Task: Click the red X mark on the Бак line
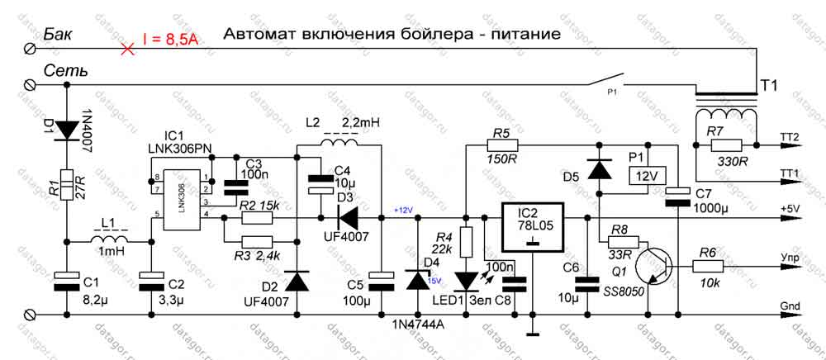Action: point(126,49)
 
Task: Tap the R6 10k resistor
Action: point(707,266)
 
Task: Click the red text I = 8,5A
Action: point(170,39)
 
